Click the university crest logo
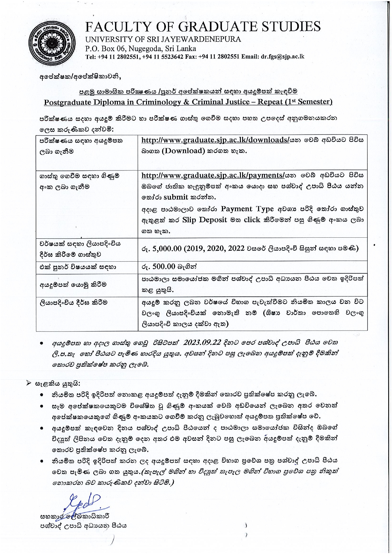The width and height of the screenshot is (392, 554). point(52,42)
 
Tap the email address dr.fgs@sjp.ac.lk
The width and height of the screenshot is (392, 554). point(282,57)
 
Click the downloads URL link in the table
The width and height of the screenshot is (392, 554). point(215,140)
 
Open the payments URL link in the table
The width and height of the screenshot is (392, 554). point(213,175)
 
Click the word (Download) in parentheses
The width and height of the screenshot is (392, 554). point(183,151)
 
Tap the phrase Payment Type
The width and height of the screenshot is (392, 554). point(247,209)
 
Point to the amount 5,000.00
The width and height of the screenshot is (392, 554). point(167,248)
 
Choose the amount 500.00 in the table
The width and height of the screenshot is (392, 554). point(164,266)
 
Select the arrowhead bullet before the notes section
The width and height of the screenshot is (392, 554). point(28,383)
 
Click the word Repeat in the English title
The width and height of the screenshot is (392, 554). point(270,102)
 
